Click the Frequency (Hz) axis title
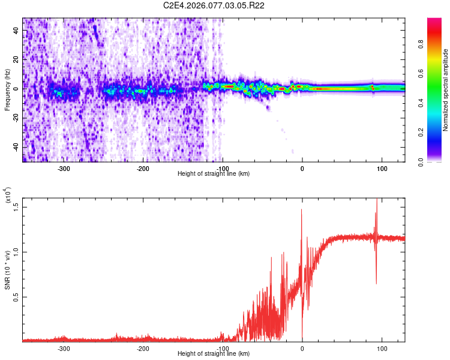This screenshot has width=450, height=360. (7, 90)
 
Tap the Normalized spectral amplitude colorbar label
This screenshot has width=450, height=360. (446, 90)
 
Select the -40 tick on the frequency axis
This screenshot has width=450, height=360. (14, 148)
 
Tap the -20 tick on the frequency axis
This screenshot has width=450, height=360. (14, 118)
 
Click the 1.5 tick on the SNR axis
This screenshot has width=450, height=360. (16, 206)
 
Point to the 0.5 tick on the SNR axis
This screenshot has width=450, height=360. (16, 297)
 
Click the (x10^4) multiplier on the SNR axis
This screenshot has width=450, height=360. (7, 196)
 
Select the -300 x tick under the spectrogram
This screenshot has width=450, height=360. (64, 168)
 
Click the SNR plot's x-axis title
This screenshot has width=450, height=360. (214, 354)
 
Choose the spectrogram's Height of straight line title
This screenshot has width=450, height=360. (214, 173)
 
